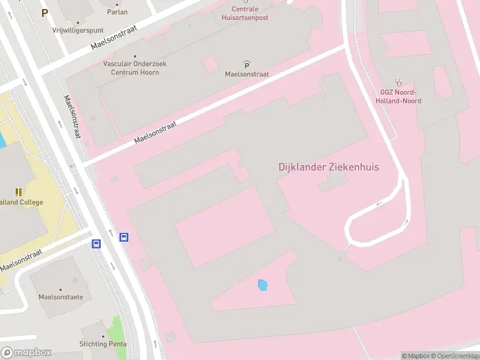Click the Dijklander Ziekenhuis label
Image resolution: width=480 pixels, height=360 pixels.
(329, 167)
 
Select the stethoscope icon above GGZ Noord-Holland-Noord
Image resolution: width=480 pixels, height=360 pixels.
(398, 82)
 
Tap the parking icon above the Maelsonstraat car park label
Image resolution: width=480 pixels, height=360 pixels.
(247, 64)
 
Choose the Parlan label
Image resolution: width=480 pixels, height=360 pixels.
(117, 11)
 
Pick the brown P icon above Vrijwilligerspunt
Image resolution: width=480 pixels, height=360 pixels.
(44, 12)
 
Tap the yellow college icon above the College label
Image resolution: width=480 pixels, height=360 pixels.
(19, 192)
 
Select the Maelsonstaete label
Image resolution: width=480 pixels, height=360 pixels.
(61, 296)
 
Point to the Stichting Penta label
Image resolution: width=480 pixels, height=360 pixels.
(103, 344)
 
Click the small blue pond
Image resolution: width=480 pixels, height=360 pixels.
(262, 286)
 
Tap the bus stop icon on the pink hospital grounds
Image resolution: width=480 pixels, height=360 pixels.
(124, 237)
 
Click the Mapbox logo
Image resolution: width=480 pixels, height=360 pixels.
(26, 352)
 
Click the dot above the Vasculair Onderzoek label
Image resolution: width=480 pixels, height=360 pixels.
(134, 55)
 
